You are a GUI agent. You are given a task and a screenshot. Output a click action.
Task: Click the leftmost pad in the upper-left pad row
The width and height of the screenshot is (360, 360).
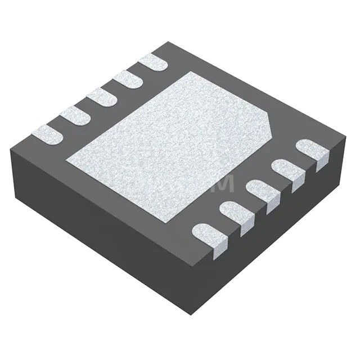click(x=47, y=134)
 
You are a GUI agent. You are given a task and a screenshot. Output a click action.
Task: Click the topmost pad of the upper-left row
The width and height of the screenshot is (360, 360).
click(x=153, y=62)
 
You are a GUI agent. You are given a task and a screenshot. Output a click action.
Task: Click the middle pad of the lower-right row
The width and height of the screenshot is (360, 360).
click(x=263, y=192)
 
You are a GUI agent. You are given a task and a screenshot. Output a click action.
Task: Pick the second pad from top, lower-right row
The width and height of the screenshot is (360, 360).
click(x=287, y=171)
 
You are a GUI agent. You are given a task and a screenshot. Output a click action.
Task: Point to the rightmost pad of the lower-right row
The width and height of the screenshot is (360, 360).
click(x=312, y=151)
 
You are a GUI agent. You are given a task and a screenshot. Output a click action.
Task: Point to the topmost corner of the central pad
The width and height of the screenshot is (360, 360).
click(x=191, y=71)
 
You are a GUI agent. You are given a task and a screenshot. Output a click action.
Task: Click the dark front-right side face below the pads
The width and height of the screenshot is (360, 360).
click(x=270, y=236)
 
